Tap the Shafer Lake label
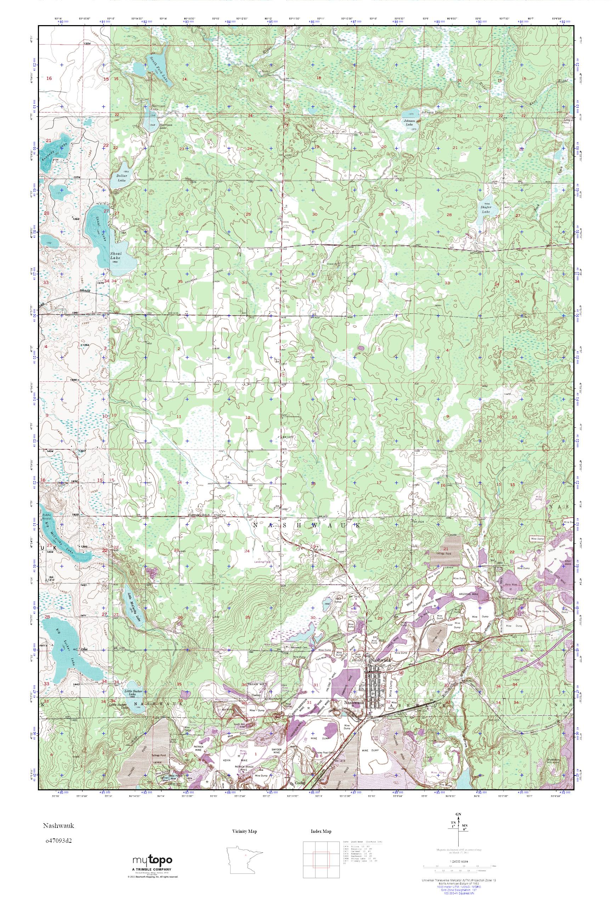point(486,209)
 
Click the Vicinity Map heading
point(244,828)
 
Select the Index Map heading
point(321,828)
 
